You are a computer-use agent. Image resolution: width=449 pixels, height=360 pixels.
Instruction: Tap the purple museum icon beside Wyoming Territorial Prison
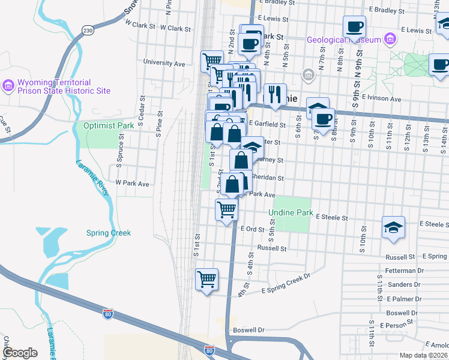[x=8, y=86]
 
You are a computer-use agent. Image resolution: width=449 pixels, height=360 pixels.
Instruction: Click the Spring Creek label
[x=108, y=233]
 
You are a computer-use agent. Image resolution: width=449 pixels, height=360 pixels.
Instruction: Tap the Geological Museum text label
[x=343, y=40]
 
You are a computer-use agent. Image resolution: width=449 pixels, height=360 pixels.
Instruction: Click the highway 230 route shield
[x=88, y=30]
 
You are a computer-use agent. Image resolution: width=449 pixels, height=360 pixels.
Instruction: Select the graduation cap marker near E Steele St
[x=393, y=228]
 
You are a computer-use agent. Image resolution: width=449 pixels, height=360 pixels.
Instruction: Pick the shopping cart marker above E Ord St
[x=226, y=210]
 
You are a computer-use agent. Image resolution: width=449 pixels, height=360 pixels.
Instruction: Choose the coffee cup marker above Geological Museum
[x=354, y=27]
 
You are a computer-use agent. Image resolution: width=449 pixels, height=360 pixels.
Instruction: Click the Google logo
[x=19, y=353]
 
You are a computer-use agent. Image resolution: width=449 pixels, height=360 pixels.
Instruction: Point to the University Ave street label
[x=164, y=63]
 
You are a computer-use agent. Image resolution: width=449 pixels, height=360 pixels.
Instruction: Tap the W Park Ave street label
[x=132, y=183]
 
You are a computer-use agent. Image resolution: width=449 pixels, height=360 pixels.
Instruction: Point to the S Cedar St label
[x=142, y=112]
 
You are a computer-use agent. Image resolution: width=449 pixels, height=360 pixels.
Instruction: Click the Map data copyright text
[x=423, y=355]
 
